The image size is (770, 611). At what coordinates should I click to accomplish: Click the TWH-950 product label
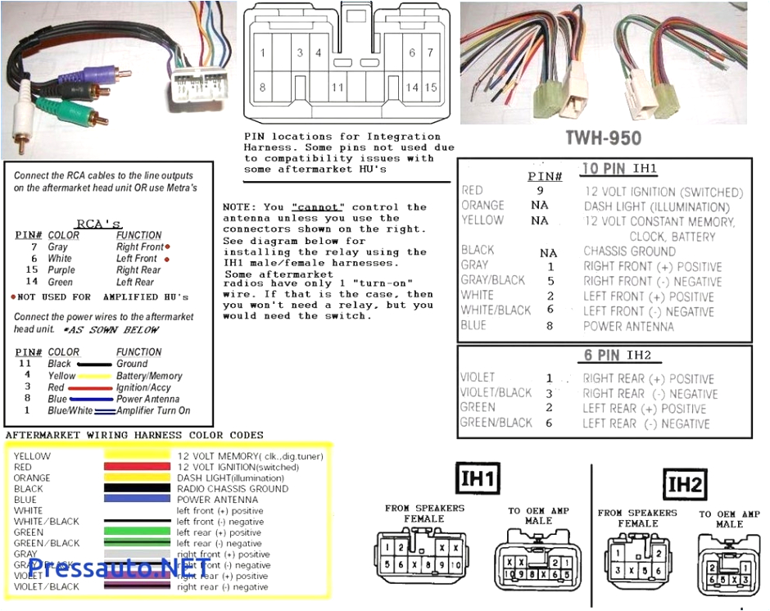click(x=603, y=138)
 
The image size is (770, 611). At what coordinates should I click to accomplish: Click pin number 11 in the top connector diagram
click(x=337, y=88)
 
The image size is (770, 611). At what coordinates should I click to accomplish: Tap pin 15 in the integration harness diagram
click(x=432, y=88)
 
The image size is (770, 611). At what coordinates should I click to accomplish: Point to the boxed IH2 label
click(x=684, y=486)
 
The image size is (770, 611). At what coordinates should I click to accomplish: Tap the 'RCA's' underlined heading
click(x=98, y=223)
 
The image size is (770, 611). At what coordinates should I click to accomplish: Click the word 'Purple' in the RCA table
click(x=61, y=269)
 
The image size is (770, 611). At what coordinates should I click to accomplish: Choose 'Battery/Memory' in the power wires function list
click(x=149, y=376)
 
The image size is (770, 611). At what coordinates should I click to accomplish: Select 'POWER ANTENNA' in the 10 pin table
click(x=628, y=326)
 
